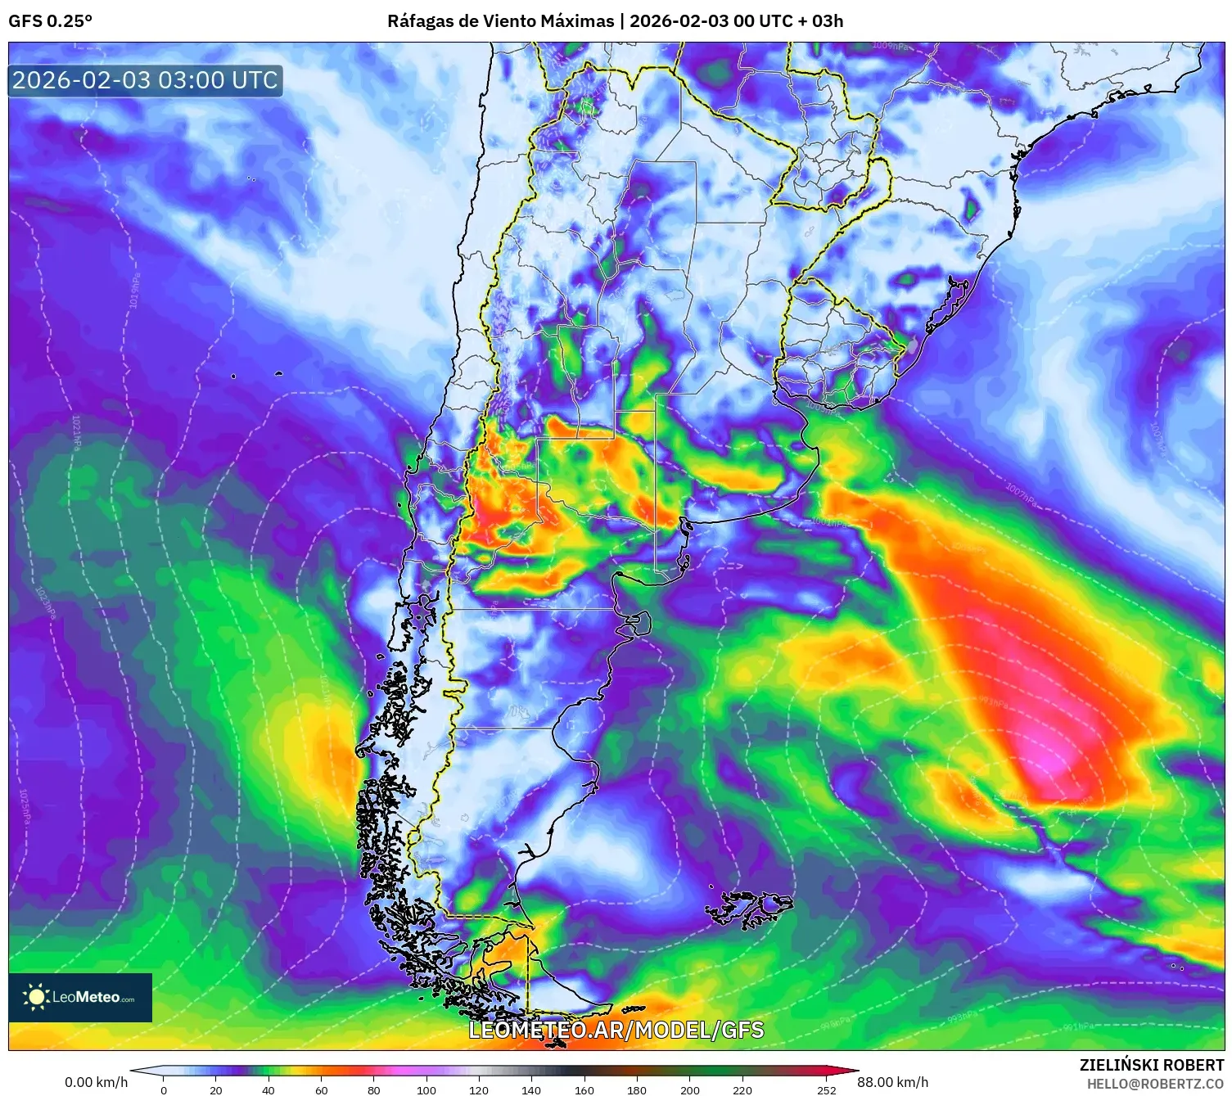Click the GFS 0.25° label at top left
point(50,21)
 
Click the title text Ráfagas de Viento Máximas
point(500,21)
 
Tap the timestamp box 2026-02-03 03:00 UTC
point(145,80)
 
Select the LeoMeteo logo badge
point(80,997)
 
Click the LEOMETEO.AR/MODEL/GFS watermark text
point(616,1030)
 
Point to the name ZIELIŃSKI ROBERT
point(1151,1065)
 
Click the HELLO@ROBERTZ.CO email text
point(1155,1084)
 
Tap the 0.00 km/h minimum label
point(96,1082)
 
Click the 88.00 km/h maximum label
point(892,1082)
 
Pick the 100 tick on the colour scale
point(426,1089)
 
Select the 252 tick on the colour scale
point(827,1089)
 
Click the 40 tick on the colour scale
point(269,1089)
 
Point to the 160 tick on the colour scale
point(584,1089)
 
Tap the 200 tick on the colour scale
point(690,1089)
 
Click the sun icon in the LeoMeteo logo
point(36,997)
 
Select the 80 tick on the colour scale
point(374,1089)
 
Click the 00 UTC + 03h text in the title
point(788,21)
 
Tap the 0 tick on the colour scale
point(164,1089)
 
